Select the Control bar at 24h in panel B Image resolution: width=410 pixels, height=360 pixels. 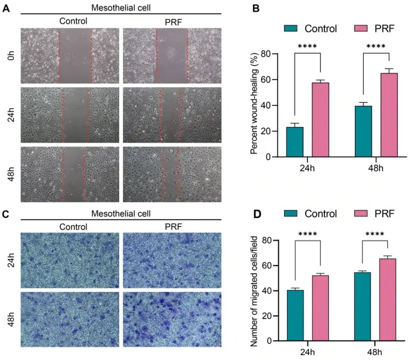point(295,142)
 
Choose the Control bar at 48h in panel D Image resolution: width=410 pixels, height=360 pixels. point(363,306)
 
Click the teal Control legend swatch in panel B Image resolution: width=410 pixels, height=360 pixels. point(292,28)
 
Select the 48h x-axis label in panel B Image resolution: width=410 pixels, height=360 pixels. point(376,169)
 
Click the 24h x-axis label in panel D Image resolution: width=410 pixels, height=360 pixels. point(307,352)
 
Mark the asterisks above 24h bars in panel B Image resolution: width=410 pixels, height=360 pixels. point(307,47)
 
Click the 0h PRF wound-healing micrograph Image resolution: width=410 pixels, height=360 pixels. point(171,56)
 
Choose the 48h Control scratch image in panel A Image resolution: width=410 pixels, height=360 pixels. point(69,174)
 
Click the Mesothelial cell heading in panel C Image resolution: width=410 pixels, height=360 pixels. point(121,213)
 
